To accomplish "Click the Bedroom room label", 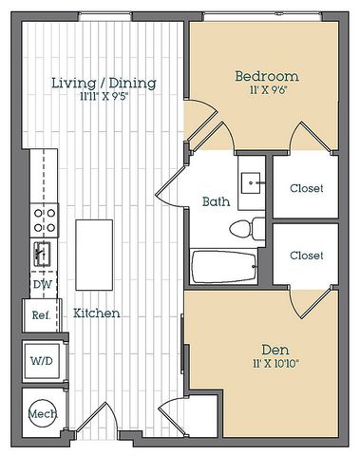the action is click(x=267, y=76).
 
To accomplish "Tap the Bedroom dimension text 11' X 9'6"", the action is click(x=268, y=90).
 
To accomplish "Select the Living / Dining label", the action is click(x=104, y=83).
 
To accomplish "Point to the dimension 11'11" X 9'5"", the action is click(x=104, y=96).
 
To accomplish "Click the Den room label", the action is click(x=275, y=350).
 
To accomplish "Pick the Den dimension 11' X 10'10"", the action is click(x=275, y=364).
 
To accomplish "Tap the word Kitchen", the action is click(x=97, y=313).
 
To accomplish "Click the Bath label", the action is click(x=216, y=201).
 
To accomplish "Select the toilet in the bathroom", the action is click(x=247, y=228).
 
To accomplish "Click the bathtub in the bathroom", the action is click(x=223, y=266).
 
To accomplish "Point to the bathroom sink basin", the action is click(x=251, y=183).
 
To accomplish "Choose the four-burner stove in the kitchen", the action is click(x=45, y=220).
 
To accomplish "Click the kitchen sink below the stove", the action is click(x=42, y=254).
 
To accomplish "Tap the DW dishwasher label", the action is click(x=43, y=284).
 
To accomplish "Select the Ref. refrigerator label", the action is click(x=41, y=315).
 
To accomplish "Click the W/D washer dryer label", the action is click(x=42, y=361).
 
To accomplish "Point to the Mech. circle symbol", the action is click(x=43, y=413).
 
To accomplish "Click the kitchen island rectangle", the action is click(x=94, y=255).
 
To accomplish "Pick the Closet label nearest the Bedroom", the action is click(x=307, y=188).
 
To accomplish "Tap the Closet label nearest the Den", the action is click(x=307, y=256).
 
